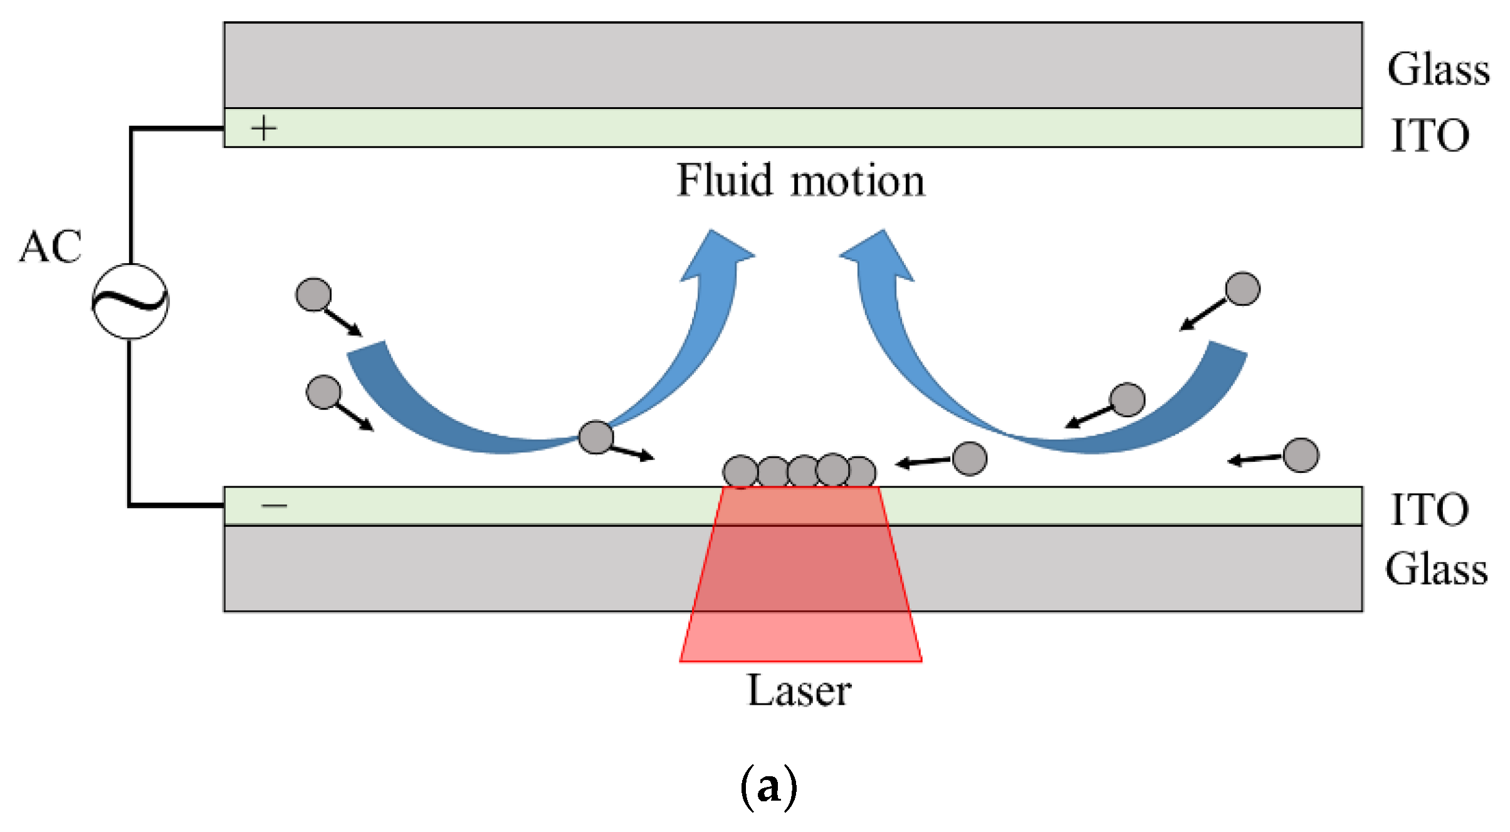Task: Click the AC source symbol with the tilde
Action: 130,301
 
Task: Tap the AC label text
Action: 51,246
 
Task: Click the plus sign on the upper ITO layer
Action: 264,128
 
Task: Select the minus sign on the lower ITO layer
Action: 274,505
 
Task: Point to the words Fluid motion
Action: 800,180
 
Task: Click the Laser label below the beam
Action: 800,690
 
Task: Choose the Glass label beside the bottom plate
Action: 1437,568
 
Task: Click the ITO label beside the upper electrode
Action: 1430,135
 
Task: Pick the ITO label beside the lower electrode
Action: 1430,509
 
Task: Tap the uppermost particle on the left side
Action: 313,294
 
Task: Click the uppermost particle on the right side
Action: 1242,289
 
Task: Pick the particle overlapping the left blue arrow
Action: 595,437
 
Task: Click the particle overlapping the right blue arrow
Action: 1127,400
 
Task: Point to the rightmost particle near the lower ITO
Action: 1301,455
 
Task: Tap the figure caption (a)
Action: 769,787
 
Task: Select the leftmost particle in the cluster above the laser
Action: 740,471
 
